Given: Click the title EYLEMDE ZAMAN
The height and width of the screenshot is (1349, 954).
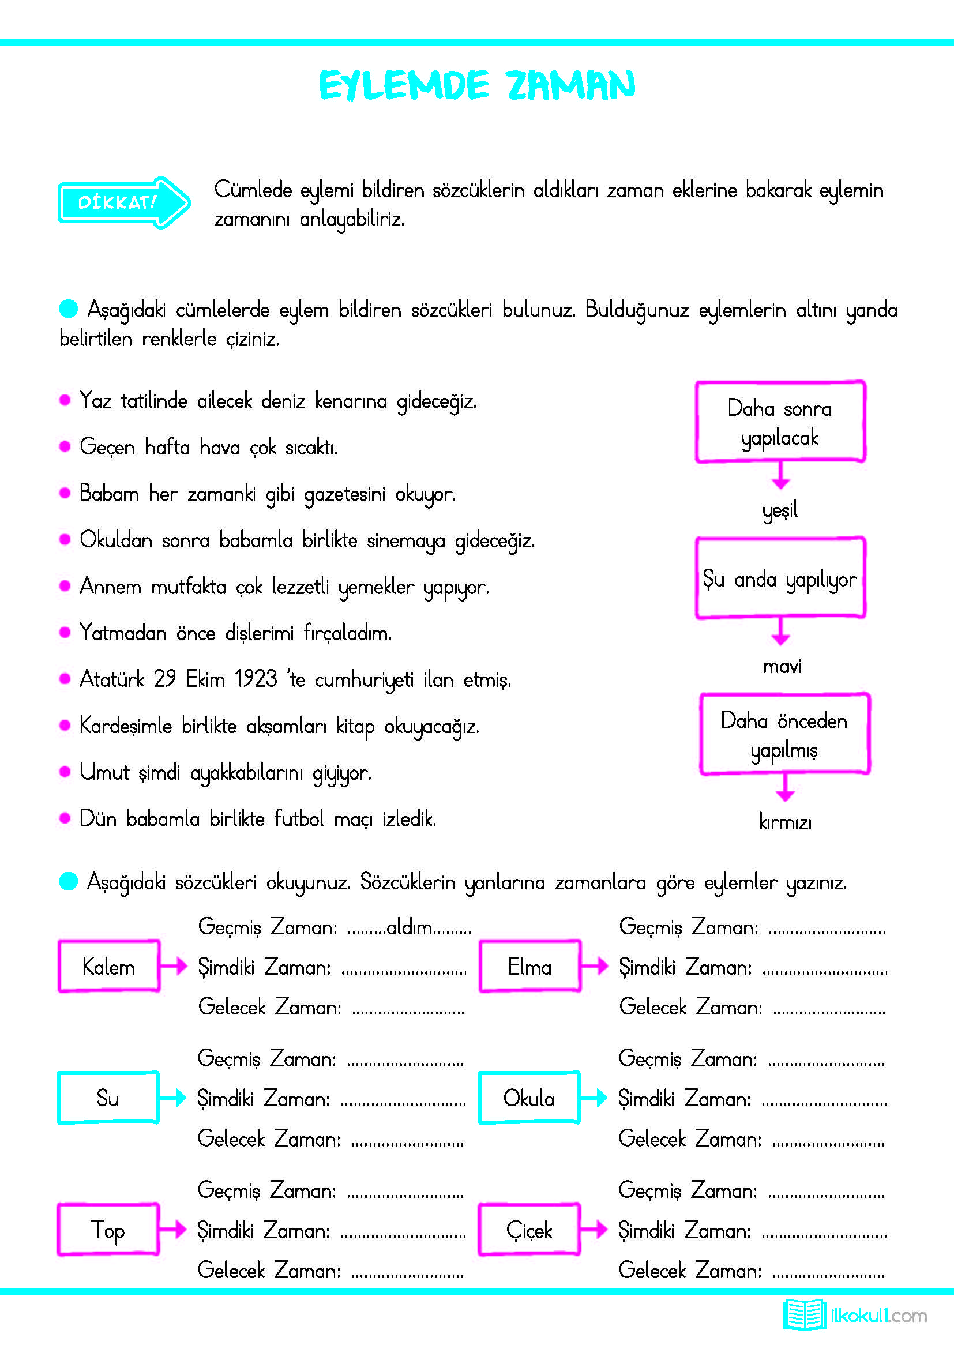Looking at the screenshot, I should pos(476,85).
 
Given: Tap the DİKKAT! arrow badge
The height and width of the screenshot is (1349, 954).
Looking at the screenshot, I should pos(123,202).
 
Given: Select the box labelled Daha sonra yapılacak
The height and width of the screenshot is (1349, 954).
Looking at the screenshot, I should pos(780,422).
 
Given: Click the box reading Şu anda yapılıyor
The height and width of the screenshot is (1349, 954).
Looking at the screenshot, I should pos(780,578).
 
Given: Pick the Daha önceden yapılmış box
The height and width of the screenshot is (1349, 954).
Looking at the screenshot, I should pos(784,734).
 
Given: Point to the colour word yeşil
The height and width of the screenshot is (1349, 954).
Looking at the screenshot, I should pos(780,509).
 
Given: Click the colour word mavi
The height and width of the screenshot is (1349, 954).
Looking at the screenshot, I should pos(782,666).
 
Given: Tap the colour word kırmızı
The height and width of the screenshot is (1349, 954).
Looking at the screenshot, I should pos(785,822).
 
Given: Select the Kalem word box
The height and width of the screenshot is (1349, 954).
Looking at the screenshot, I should pos(108,967).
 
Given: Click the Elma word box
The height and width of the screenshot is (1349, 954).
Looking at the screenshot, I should pos(529,967).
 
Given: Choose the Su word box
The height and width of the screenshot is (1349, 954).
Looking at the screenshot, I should pos(108,1098).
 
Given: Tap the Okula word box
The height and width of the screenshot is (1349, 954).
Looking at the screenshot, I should pos(529,1098).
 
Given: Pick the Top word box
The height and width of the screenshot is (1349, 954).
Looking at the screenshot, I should pos(108,1229).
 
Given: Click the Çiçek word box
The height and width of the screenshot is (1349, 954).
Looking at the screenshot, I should pos(529,1229).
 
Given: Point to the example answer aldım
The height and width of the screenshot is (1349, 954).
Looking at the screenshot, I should pos(409,928).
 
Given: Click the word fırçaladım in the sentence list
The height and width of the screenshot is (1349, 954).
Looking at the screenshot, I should pos(347,633).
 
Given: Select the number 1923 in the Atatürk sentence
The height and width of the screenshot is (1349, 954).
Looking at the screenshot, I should pos(256,679).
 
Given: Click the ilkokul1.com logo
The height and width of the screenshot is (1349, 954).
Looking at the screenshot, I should pos(854,1315).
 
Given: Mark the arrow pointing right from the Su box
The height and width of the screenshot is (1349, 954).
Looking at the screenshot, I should pos(173,1098).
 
